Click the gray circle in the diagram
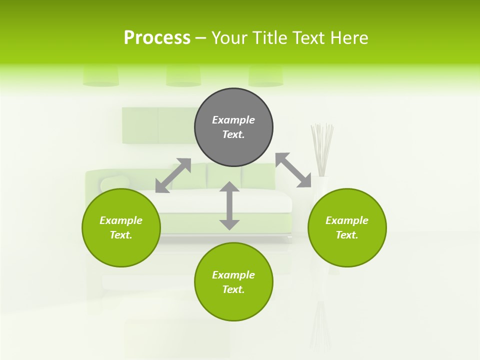tap(233, 127)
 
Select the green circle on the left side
tap(121, 227)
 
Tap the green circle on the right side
tap(347, 227)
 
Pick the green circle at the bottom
tap(233, 282)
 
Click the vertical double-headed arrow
tap(229, 205)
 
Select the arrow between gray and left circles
tap(173, 175)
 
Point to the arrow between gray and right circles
tap(293, 170)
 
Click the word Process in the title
tap(157, 38)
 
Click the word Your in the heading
tap(229, 38)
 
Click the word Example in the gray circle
tap(233, 120)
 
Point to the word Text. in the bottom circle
tap(233, 289)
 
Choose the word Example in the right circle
tap(347, 220)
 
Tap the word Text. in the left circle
tap(121, 235)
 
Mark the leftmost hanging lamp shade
tap(101, 76)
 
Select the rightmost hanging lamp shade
tap(266, 76)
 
